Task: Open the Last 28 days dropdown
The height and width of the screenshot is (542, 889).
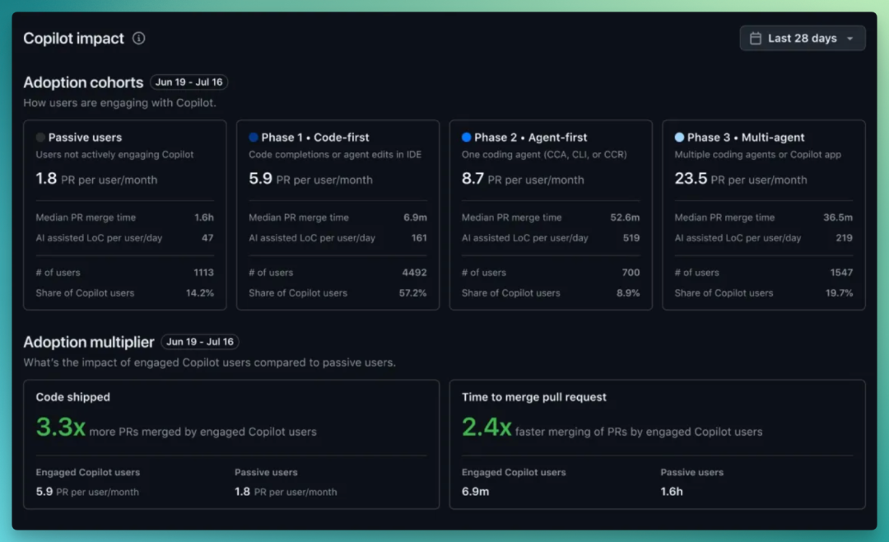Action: [x=803, y=38]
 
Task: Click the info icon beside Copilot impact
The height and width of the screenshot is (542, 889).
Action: [x=139, y=38]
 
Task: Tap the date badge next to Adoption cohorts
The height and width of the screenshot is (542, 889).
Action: [x=189, y=82]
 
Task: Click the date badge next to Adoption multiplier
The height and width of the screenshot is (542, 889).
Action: [x=199, y=342]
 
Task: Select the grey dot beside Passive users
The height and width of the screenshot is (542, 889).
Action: [x=40, y=138]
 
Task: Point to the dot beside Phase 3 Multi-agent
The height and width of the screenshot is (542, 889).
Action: [x=679, y=138]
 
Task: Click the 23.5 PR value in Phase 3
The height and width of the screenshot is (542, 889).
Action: [x=691, y=179]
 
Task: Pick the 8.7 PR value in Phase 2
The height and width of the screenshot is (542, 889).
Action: [x=472, y=179]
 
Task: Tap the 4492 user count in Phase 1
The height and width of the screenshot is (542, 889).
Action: [x=414, y=273]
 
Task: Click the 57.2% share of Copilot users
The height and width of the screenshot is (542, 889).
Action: [x=412, y=293]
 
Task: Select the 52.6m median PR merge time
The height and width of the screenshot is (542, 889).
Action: [x=625, y=217]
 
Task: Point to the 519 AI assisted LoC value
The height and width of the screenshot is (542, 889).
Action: [x=631, y=238]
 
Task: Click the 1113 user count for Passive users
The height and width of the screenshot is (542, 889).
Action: [x=203, y=273]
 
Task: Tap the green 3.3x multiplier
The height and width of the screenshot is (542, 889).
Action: [x=61, y=428]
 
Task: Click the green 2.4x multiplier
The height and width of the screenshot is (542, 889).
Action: [x=486, y=428]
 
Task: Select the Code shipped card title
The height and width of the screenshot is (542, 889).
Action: [x=73, y=397]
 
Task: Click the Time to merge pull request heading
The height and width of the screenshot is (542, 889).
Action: [x=534, y=397]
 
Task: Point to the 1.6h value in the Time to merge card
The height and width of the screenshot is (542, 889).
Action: [x=672, y=492]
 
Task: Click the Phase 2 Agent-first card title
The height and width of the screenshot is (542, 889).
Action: [x=531, y=138]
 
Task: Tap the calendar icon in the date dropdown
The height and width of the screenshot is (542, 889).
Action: [x=756, y=38]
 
